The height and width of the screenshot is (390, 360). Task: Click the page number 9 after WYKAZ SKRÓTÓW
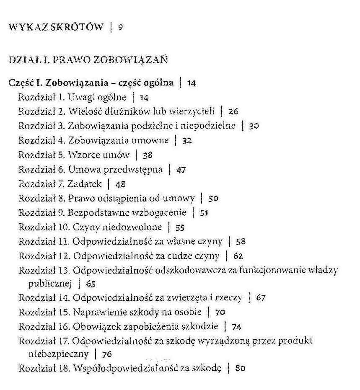coord(120,28)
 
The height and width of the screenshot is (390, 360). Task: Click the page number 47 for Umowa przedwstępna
coord(181,170)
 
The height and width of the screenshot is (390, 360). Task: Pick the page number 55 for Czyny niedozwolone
coord(180,228)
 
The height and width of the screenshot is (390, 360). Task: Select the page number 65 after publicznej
coord(91,284)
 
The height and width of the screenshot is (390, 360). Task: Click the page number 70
coord(220,313)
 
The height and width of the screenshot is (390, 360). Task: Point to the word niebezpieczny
coord(58,354)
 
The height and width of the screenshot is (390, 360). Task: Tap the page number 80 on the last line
coord(240,369)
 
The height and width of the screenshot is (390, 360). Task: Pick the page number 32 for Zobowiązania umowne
coord(187,141)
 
